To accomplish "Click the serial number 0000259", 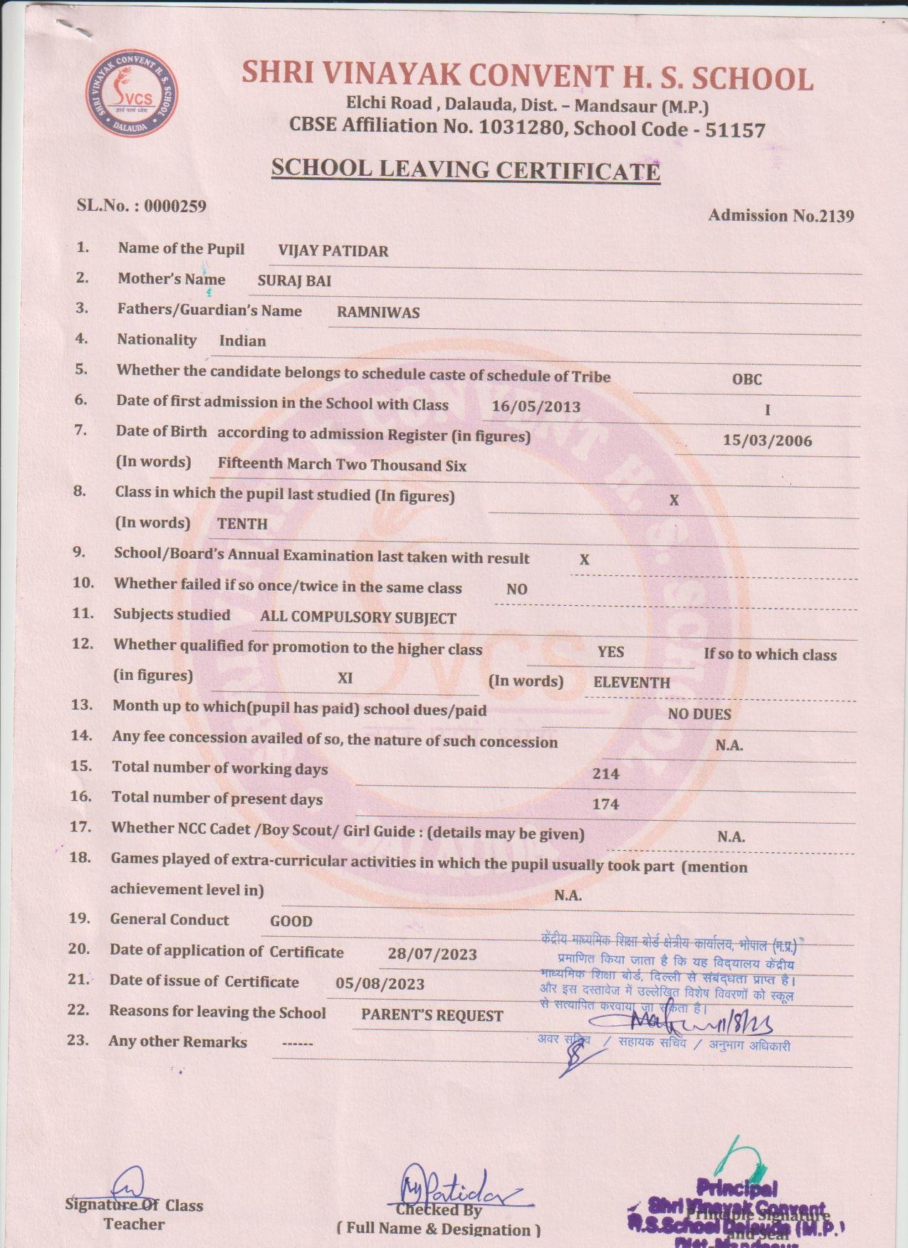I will click(x=175, y=206).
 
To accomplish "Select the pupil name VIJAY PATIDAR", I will click(x=333, y=251).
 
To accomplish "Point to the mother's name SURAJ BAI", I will click(x=294, y=281).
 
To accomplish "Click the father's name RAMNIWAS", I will click(x=378, y=313).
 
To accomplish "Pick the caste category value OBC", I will click(x=746, y=379).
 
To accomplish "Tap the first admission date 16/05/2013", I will click(x=536, y=407).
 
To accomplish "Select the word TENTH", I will click(x=242, y=524).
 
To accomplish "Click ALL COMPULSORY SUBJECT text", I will click(x=358, y=618).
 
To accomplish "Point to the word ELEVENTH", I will click(x=632, y=683).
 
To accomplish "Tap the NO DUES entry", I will click(x=699, y=714).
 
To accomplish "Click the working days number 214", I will click(x=605, y=774).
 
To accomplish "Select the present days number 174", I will click(x=605, y=804).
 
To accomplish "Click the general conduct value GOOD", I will click(x=291, y=921).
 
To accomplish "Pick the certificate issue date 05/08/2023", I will click(x=380, y=984).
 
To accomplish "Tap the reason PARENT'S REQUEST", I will click(x=432, y=1016).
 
